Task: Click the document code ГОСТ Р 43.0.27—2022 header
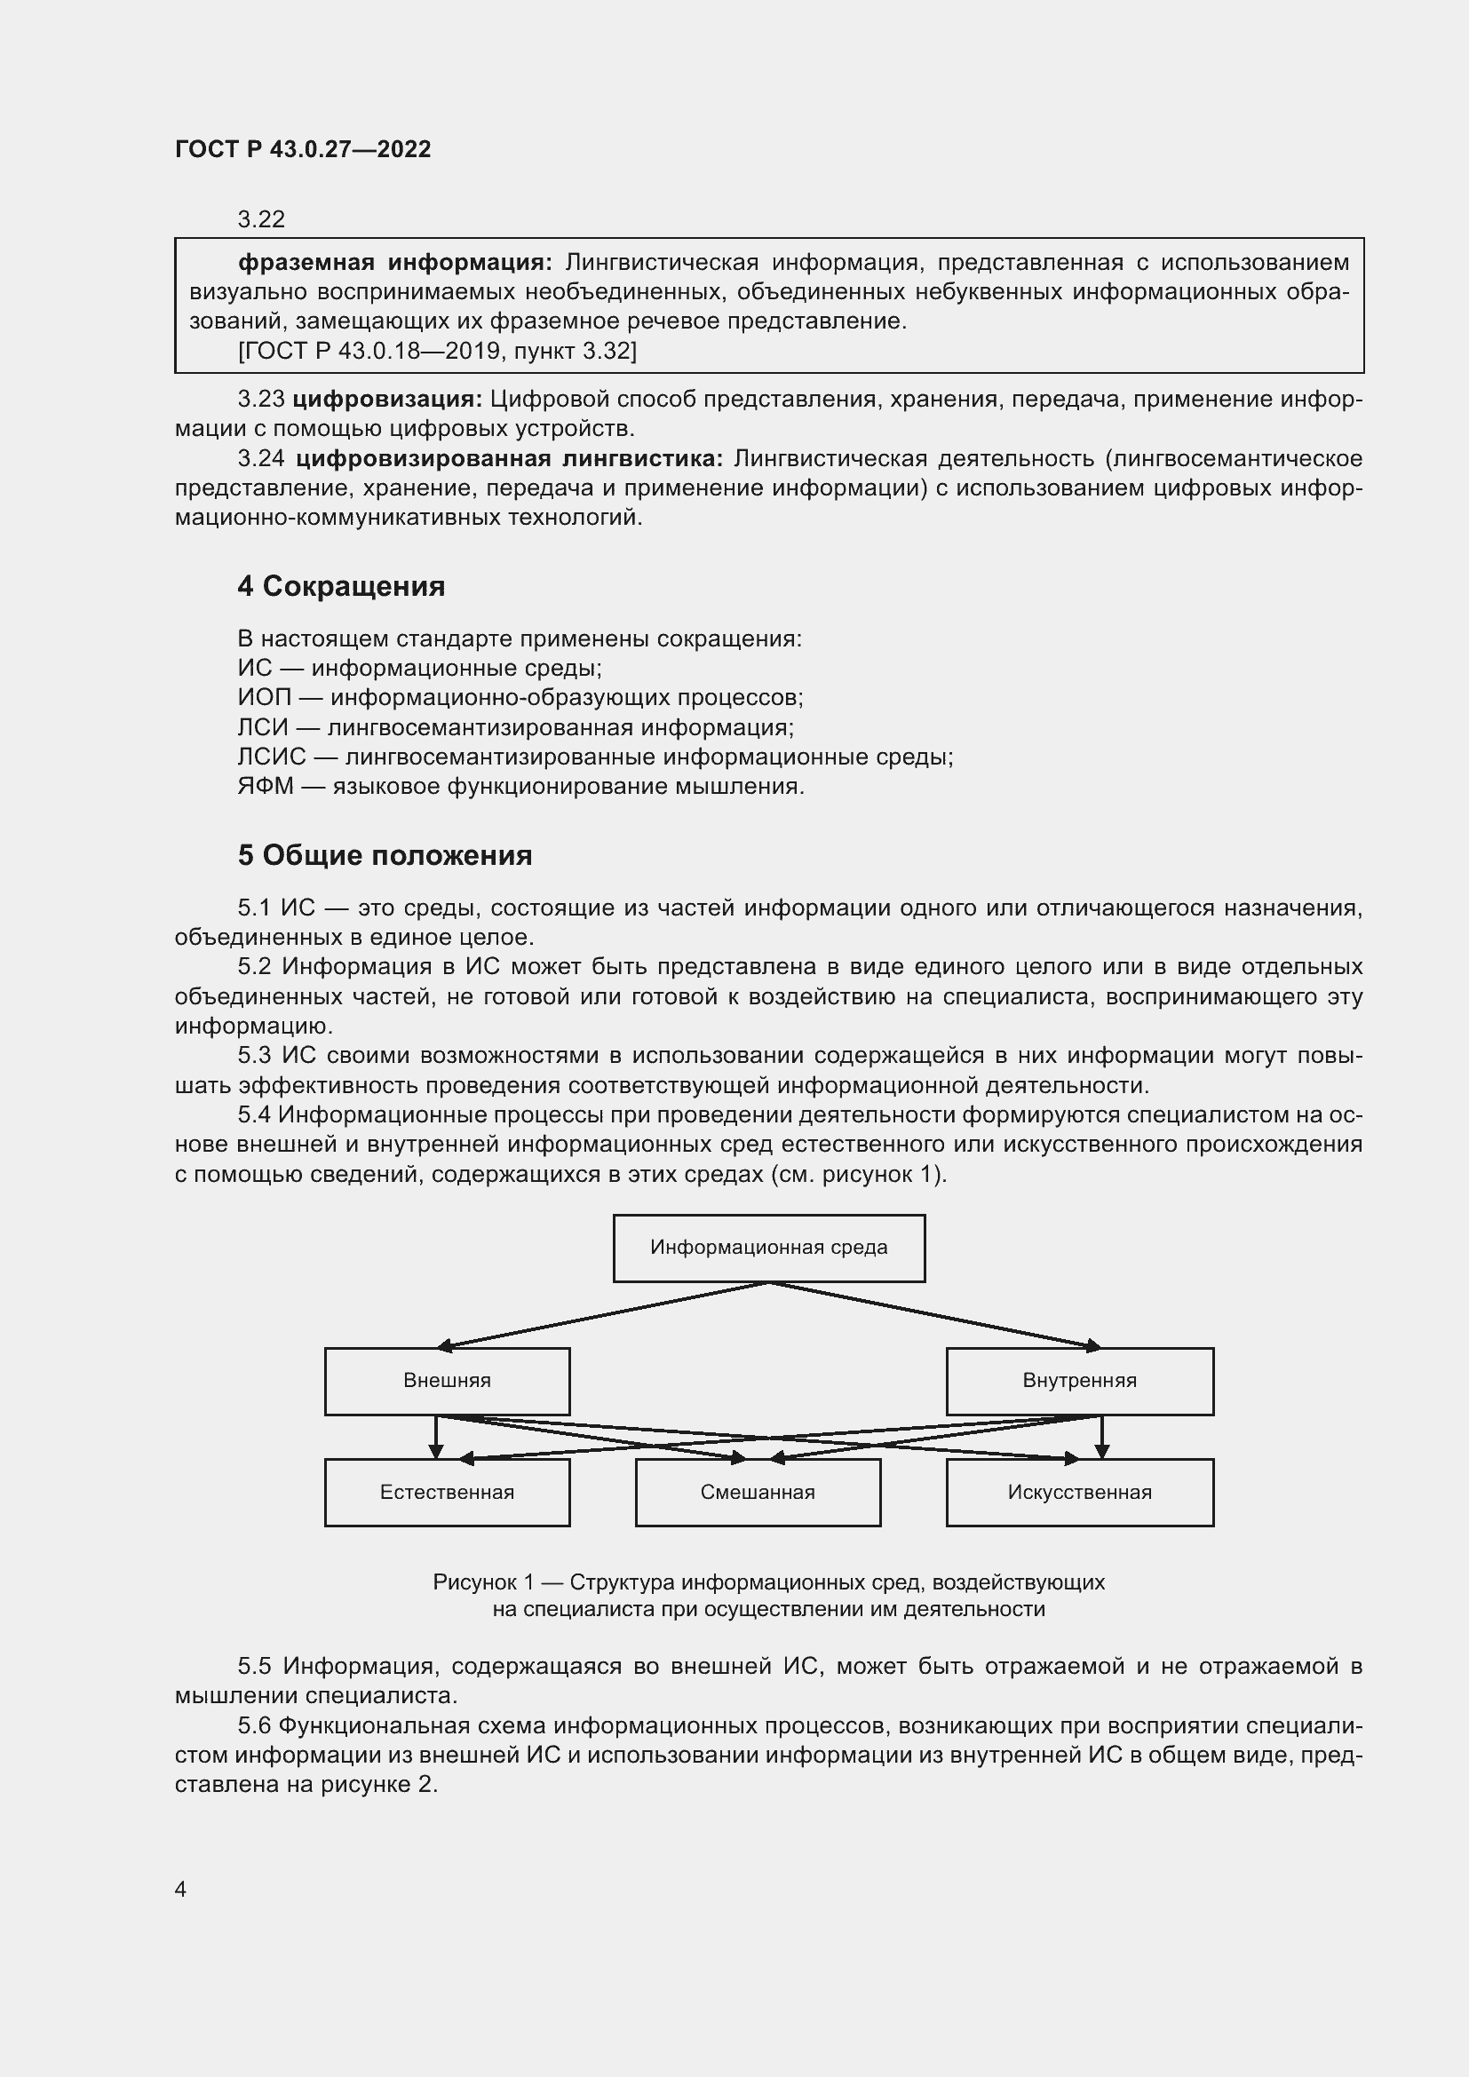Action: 303,149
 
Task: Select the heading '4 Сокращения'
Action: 341,586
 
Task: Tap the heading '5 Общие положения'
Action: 385,855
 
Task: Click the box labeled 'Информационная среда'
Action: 769,1248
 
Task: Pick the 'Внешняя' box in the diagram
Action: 447,1381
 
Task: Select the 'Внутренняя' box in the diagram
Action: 1079,1381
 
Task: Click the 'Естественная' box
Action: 447,1492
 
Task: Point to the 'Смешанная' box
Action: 757,1492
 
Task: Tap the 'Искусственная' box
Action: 1079,1492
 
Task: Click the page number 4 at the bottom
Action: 181,1889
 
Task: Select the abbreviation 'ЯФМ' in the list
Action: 266,786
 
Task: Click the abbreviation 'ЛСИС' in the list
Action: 272,757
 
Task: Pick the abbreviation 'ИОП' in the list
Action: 265,697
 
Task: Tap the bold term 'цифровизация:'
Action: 388,399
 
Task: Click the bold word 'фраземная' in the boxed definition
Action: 306,262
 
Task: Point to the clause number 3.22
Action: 261,219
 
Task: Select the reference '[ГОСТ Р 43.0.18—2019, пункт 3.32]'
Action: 437,351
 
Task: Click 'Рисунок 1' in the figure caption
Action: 483,1582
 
